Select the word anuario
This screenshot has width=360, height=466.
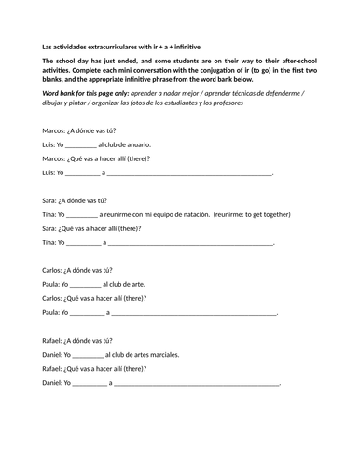coord(137,145)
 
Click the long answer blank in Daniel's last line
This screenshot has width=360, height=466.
coord(197,383)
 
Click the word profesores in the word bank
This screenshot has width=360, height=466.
coord(281,102)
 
